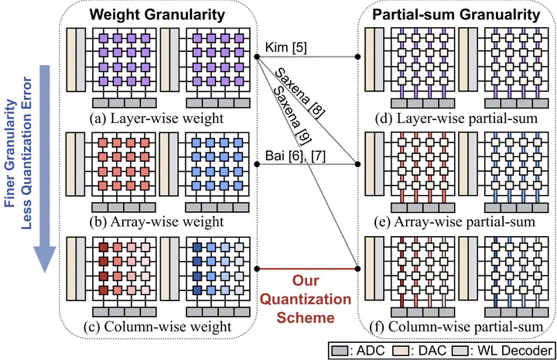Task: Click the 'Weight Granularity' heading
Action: pyautogui.click(x=157, y=15)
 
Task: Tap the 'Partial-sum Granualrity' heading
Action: pyautogui.click(x=456, y=15)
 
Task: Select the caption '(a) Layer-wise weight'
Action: pyautogui.click(x=156, y=118)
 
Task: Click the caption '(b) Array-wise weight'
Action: pyautogui.click(x=156, y=222)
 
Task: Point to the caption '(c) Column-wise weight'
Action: pyautogui.click(x=157, y=327)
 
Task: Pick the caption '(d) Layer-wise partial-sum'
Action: pyautogui.click(x=456, y=118)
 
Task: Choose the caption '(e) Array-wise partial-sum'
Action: pyautogui.click(x=455, y=222)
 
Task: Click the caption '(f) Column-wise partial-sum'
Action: pyautogui.click(x=456, y=327)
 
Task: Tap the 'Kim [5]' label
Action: pyautogui.click(x=286, y=47)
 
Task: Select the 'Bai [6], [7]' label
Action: pyautogui.click(x=296, y=156)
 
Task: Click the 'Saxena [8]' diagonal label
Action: pyautogui.click(x=300, y=92)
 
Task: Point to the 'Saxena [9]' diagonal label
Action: pyautogui.click(x=292, y=115)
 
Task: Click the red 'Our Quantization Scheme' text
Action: pyautogui.click(x=306, y=300)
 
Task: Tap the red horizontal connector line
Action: pyautogui.click(x=307, y=269)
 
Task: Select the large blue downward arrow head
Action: pyautogui.click(x=45, y=259)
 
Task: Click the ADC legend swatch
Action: pyautogui.click(x=340, y=351)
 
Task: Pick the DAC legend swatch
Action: pyautogui.click(x=402, y=351)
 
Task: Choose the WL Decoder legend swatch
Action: pyautogui.click(x=460, y=351)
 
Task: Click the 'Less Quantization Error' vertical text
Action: pyautogui.click(x=26, y=153)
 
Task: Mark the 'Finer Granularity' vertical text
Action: pyautogui.click(x=10, y=153)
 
